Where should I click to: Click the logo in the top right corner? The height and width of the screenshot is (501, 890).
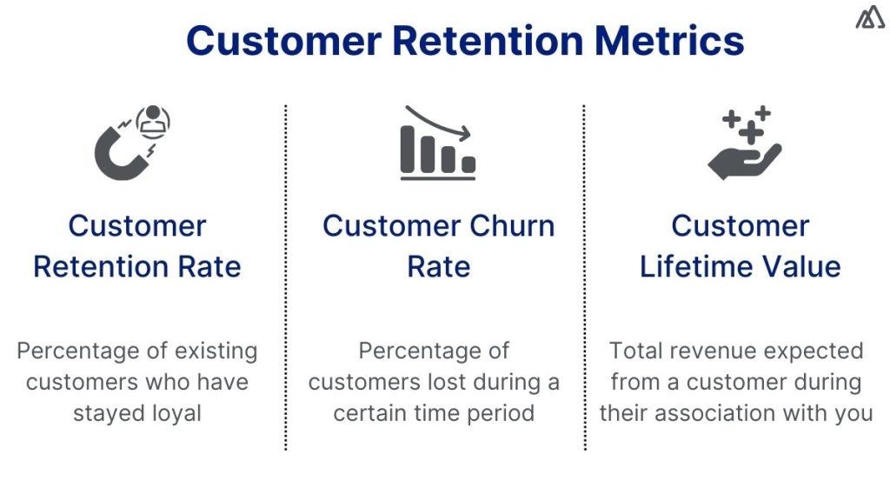tap(869, 18)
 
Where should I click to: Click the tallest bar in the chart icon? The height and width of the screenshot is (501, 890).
tap(408, 149)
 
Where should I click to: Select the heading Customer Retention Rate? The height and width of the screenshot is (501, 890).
tap(137, 246)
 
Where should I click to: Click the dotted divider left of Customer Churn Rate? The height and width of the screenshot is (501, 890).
tap(286, 278)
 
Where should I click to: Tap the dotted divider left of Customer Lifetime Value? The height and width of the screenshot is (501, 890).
tap(584, 278)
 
